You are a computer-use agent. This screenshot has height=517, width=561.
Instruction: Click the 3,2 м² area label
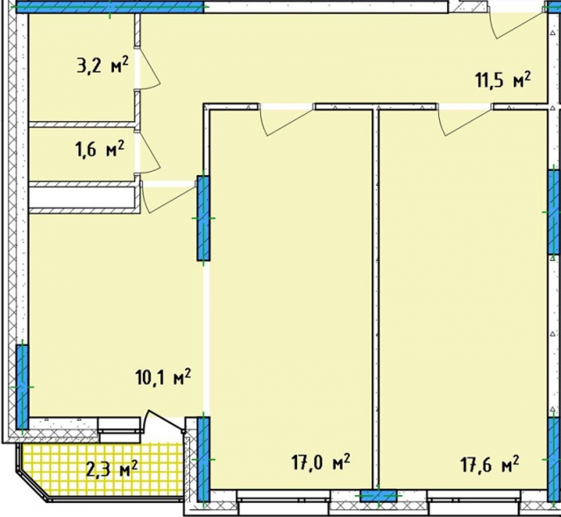(x=103, y=65)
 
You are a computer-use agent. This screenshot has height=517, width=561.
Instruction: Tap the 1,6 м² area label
(x=99, y=148)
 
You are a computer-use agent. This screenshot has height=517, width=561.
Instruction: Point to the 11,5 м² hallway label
(x=502, y=80)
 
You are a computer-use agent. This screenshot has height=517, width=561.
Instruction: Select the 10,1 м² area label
(x=163, y=377)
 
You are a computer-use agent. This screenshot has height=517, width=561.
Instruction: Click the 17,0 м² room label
(x=321, y=463)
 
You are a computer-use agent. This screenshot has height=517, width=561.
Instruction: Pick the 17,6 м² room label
(x=490, y=464)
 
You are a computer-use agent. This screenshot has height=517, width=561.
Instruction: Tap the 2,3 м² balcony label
(x=111, y=469)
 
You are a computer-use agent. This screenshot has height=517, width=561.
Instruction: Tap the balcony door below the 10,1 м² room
(x=164, y=421)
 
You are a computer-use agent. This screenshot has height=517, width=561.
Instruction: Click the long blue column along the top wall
(x=110, y=7)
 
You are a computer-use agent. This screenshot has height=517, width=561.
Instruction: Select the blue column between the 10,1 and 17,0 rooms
(x=203, y=218)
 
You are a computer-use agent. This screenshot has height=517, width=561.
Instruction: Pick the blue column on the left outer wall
(x=22, y=387)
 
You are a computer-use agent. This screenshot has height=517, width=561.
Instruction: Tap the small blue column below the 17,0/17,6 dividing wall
(x=379, y=496)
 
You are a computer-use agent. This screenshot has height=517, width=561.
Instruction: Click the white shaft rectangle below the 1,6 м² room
(x=82, y=197)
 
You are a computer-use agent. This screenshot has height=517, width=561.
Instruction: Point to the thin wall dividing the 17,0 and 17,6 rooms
(x=375, y=300)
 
